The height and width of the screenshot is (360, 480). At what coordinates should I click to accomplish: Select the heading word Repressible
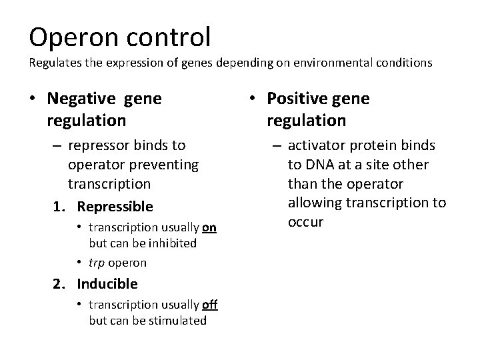[115, 207]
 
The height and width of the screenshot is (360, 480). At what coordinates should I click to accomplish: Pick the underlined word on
[209, 227]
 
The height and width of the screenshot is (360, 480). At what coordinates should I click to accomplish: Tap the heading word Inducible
[107, 283]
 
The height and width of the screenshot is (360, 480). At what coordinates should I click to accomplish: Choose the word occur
[305, 221]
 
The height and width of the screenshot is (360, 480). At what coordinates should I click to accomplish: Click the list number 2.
[58, 283]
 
